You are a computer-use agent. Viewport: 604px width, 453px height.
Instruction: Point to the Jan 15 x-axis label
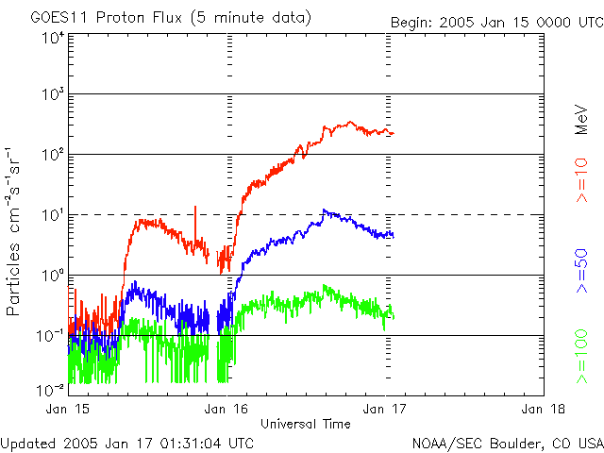pyautogui.click(x=68, y=409)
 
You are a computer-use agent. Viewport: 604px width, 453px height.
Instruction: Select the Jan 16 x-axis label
pyautogui.click(x=226, y=409)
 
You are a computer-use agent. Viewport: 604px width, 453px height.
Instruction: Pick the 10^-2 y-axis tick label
pyautogui.click(x=49, y=389)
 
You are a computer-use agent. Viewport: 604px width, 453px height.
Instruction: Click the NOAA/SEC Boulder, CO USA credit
pyautogui.click(x=508, y=443)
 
